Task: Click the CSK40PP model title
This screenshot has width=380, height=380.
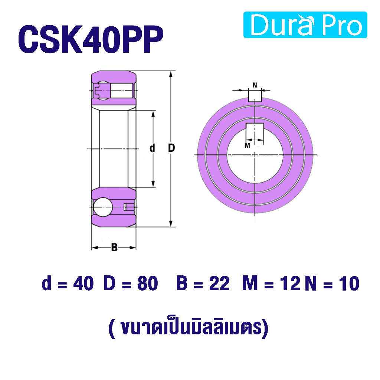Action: pyautogui.click(x=91, y=39)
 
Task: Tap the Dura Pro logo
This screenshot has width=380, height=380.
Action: pyautogui.click(x=305, y=25)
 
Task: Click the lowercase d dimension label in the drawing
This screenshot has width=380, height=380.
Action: pyautogui.click(x=152, y=148)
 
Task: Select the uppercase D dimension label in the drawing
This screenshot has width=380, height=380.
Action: pyautogui.click(x=171, y=148)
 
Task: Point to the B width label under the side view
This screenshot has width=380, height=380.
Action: pyautogui.click(x=114, y=248)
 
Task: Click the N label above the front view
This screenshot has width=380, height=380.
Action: pyautogui.click(x=255, y=85)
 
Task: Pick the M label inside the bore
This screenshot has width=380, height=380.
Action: pyautogui.click(x=247, y=145)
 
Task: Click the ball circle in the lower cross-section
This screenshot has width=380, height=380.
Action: pyautogui.click(x=103, y=207)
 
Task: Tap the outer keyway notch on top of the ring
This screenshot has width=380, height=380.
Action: pyautogui.click(x=255, y=95)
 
